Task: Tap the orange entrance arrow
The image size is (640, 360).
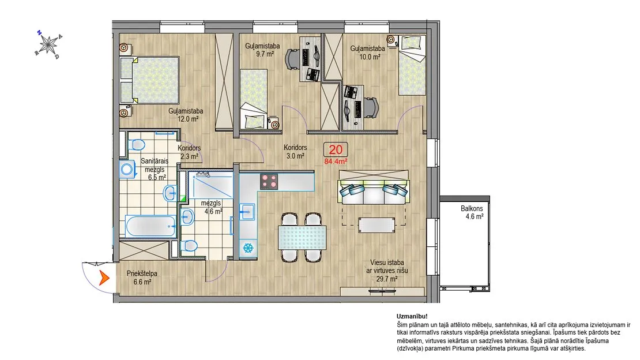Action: click(x=104, y=278)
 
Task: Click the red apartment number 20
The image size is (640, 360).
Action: click(x=336, y=149)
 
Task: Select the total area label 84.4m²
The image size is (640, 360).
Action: click(x=336, y=162)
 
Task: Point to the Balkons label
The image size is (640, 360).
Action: click(x=472, y=208)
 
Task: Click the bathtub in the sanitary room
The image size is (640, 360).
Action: click(x=150, y=226)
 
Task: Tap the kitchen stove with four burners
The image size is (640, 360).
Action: click(x=269, y=181)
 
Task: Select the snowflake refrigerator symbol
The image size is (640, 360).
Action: click(x=247, y=247)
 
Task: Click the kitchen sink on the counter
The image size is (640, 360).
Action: click(x=247, y=211)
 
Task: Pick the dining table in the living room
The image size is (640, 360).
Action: click(x=302, y=238)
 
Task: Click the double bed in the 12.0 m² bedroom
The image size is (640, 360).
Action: click(x=150, y=80)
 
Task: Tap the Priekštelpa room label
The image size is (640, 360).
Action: click(x=142, y=274)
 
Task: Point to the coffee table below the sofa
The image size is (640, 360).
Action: click(x=377, y=225)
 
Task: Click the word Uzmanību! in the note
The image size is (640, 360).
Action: click(x=412, y=316)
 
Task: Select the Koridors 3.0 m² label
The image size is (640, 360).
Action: click(x=295, y=152)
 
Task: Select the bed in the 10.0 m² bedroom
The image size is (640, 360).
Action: click(x=412, y=65)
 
